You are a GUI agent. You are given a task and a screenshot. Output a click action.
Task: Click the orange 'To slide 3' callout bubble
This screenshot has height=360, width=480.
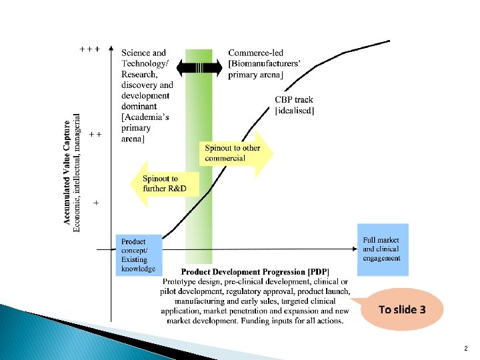pyautogui.click(x=401, y=309)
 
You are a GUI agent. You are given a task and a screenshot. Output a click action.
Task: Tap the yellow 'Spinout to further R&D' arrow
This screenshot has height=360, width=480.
pyautogui.click(x=167, y=183)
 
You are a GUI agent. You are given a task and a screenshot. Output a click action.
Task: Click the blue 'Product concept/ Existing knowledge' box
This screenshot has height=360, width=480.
pyautogui.click(x=139, y=255)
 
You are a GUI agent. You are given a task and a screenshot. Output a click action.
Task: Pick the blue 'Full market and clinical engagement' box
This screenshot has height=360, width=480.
pyautogui.click(x=383, y=249)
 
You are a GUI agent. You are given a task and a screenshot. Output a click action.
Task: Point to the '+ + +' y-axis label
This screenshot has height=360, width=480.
pyautogui.click(x=90, y=49)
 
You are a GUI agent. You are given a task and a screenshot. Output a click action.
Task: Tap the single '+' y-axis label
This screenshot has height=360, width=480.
pyautogui.click(x=97, y=202)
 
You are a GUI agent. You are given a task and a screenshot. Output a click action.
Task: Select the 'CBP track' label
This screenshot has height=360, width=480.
pyautogui.click(x=294, y=100)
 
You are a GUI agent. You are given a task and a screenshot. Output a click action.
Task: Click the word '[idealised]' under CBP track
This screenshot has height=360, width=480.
pyautogui.click(x=295, y=110)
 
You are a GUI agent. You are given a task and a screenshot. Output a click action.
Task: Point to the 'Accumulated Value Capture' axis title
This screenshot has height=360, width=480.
pyautogui.click(x=68, y=172)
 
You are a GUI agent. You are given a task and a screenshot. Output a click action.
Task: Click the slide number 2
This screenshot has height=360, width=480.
pyautogui.click(x=465, y=349)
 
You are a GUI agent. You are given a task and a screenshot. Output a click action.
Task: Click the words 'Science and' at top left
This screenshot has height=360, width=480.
pyautogui.click(x=143, y=53)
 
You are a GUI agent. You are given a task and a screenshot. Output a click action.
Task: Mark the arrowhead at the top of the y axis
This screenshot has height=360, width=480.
pyautogui.click(x=111, y=49)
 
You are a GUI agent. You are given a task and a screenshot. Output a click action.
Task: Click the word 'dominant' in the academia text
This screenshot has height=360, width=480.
pyautogui.click(x=139, y=106)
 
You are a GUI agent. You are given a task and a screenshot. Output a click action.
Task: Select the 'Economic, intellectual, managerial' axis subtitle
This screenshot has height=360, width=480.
pyautogui.click(x=77, y=172)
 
